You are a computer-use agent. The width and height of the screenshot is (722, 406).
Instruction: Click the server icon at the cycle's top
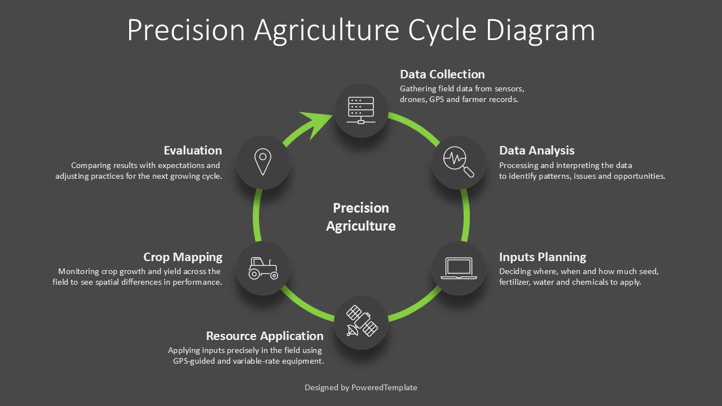[x=361, y=111]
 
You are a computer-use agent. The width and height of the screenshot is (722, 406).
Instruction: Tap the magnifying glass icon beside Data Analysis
[x=459, y=162]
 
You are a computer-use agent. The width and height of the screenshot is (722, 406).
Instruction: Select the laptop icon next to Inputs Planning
[x=459, y=268]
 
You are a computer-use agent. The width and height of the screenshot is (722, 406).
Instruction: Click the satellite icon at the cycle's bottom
[x=362, y=321]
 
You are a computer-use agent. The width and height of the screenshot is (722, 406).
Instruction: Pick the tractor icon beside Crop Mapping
[x=263, y=268]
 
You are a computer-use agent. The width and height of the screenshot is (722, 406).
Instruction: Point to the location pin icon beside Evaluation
[x=263, y=162]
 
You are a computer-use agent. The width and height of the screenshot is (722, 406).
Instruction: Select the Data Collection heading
[x=442, y=74]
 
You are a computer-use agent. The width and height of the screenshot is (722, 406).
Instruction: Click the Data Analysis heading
[x=536, y=151]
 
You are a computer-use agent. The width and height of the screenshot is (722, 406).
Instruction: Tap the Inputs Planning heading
[x=543, y=257]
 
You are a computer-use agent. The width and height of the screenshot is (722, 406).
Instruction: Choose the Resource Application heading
[x=265, y=336]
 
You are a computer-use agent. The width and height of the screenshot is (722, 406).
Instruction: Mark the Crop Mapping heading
[x=183, y=257]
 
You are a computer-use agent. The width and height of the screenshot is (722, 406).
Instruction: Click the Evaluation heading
[x=193, y=151]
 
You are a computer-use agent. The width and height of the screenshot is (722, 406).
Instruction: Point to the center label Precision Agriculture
[x=361, y=217]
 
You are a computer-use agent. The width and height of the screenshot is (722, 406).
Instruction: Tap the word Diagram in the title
[x=540, y=30]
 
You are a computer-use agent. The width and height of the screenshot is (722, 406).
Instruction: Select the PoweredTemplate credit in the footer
[x=384, y=387]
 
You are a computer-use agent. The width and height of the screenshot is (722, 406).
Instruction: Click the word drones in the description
[x=412, y=99]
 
